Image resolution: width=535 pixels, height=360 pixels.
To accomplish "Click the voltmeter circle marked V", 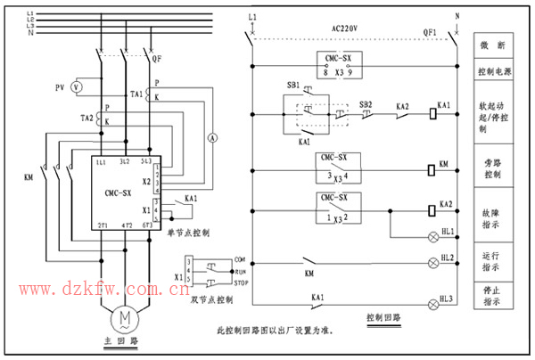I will (76, 87).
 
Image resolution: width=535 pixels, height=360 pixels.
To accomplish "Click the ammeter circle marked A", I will (212, 137).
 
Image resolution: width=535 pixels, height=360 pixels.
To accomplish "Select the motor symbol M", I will (125, 318).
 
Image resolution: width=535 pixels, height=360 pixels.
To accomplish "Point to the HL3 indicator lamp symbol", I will (436, 299).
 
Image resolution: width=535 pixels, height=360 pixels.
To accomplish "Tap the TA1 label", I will (136, 93).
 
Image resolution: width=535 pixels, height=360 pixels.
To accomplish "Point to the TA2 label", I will (86, 118).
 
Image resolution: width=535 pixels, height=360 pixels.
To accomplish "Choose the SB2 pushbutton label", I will (366, 104).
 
